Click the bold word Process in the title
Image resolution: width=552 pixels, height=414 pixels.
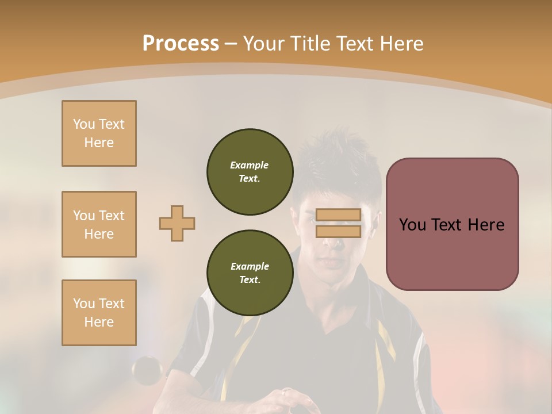181,44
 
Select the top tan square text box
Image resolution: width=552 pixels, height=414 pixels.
99,133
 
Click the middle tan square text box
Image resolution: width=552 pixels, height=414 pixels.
99,224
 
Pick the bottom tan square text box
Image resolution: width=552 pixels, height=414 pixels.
99,313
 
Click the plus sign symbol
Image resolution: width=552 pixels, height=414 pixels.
177,223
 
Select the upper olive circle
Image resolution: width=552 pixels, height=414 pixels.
250,172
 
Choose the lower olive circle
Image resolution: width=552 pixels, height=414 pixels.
250,273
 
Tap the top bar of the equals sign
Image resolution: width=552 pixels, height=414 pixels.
338,215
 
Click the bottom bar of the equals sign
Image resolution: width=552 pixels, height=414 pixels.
338,232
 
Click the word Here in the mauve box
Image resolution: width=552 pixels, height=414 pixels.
486,225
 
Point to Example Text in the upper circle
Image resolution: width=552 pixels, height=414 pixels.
250,172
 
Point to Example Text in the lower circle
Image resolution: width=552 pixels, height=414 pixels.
250,273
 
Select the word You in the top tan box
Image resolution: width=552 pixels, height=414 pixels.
83,124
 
